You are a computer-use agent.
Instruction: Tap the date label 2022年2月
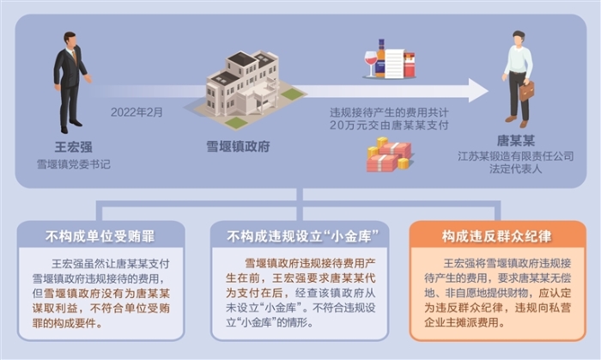click(136, 112)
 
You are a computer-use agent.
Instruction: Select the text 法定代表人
click(519, 170)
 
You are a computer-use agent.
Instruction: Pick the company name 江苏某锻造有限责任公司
click(519, 157)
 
